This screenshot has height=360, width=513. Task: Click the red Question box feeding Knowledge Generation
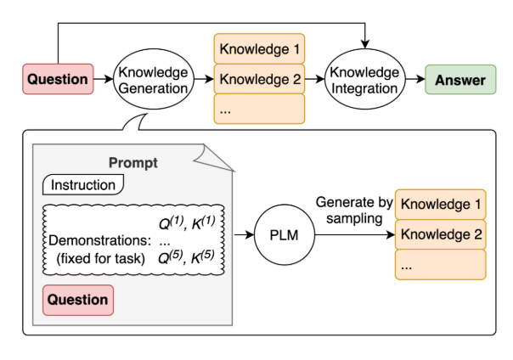[58, 80]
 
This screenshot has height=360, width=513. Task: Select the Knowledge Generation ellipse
[153, 80]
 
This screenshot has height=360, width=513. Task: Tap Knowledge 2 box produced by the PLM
[440, 233]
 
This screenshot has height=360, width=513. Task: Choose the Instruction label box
[83, 184]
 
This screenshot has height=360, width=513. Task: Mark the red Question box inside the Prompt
[77, 300]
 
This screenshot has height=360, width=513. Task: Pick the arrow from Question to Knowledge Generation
[104, 80]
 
